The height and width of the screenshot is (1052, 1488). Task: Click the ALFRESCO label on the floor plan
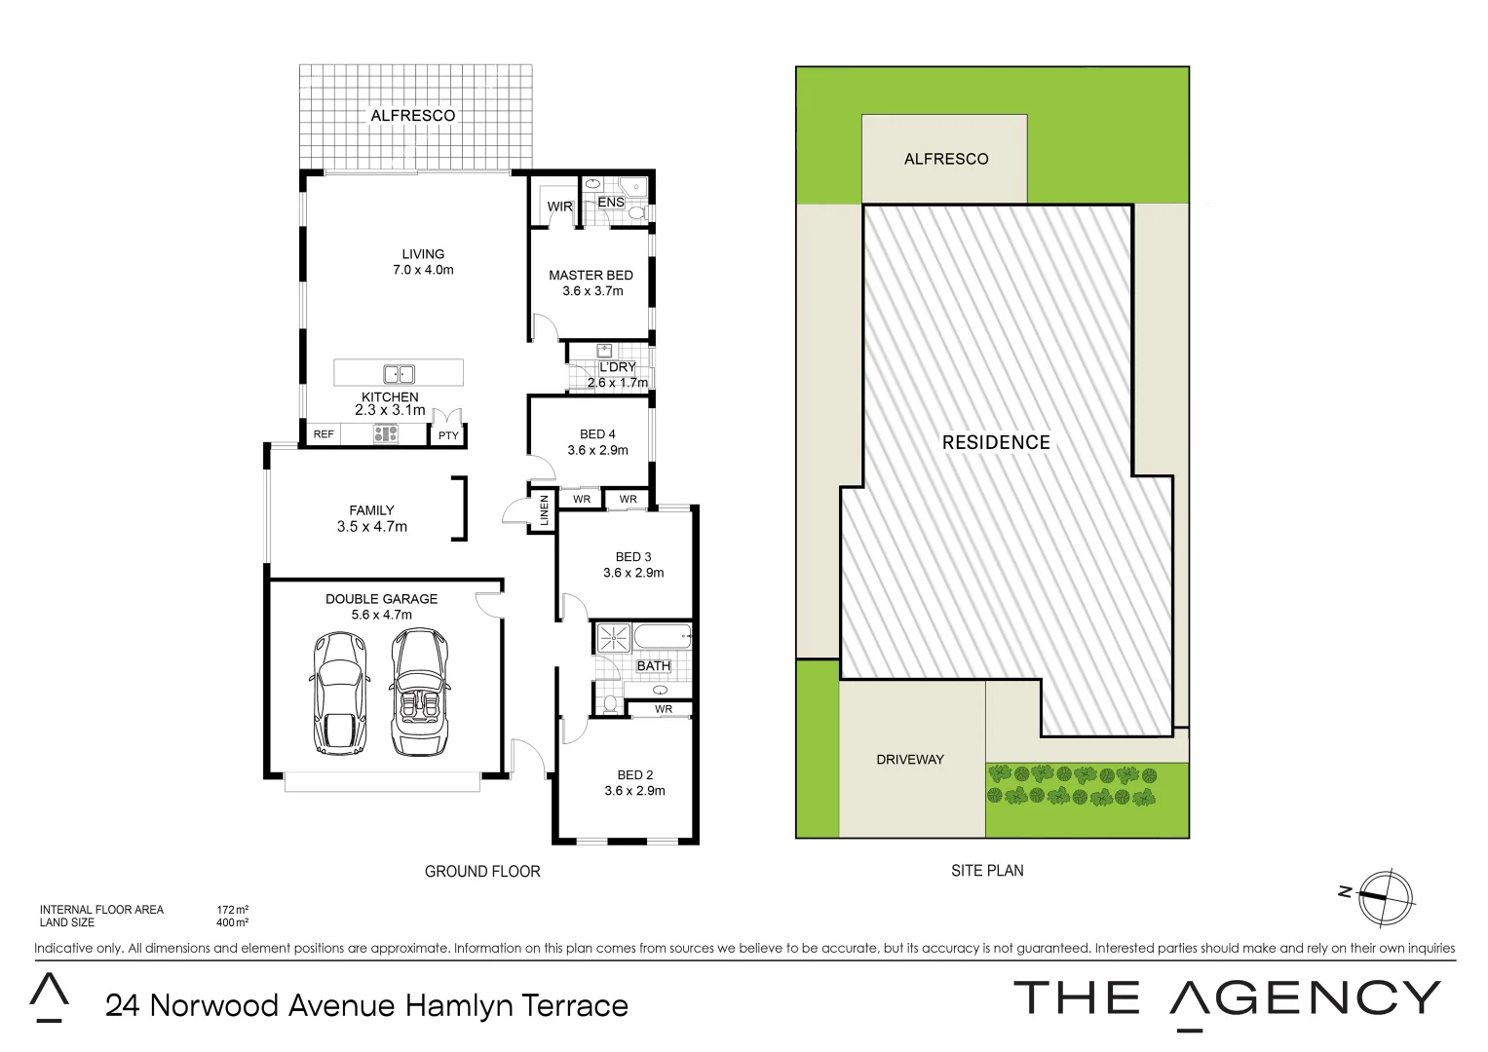pyautogui.click(x=412, y=116)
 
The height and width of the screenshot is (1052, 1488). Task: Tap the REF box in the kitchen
pyautogui.click(x=324, y=434)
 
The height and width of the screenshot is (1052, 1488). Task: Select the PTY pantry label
pyautogui.click(x=448, y=435)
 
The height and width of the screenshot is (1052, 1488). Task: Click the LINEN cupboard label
pyautogui.click(x=544, y=510)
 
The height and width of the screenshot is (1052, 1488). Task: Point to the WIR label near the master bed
pyautogui.click(x=559, y=207)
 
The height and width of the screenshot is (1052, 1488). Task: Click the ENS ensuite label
pyautogui.click(x=611, y=203)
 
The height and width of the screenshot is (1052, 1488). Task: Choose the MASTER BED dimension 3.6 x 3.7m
pyautogui.click(x=592, y=291)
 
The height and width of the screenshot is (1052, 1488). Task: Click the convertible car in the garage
pyautogui.click(x=418, y=693)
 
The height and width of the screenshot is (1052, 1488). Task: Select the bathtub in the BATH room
pyautogui.click(x=662, y=639)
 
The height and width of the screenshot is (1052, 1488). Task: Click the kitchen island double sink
pyautogui.click(x=399, y=373)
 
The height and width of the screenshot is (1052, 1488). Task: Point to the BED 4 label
pyautogui.click(x=597, y=434)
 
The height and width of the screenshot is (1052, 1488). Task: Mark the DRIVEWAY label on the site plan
pyautogui.click(x=909, y=760)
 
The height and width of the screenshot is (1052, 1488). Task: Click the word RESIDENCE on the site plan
pyautogui.click(x=996, y=442)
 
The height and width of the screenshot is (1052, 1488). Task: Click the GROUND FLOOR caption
pyautogui.click(x=481, y=872)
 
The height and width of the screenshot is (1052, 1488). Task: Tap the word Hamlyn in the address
pyautogui.click(x=458, y=1005)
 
